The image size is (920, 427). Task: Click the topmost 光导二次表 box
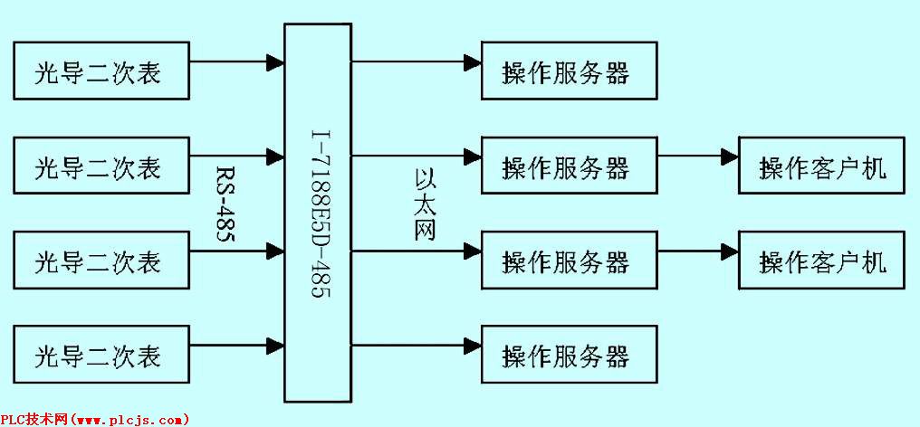101,71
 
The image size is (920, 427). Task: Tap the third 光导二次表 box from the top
101,261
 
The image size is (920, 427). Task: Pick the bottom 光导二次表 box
101,355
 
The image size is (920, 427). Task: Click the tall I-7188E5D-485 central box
317,213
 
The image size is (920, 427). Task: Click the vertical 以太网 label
425,204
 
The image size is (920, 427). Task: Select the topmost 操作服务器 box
568,71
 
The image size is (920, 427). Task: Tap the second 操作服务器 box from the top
568,166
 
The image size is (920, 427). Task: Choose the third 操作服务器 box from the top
568,261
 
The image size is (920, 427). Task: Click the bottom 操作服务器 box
568,355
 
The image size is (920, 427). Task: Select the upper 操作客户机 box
821,166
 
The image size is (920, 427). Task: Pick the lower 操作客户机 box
821,261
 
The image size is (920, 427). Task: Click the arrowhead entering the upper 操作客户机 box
729,157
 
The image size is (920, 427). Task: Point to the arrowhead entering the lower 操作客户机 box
729,250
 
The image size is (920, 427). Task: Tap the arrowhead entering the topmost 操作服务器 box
472,62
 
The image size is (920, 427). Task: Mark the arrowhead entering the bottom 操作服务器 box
472,345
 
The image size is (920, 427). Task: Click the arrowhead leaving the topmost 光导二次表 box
275,62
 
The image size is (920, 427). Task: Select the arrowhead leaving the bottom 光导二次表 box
275,345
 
